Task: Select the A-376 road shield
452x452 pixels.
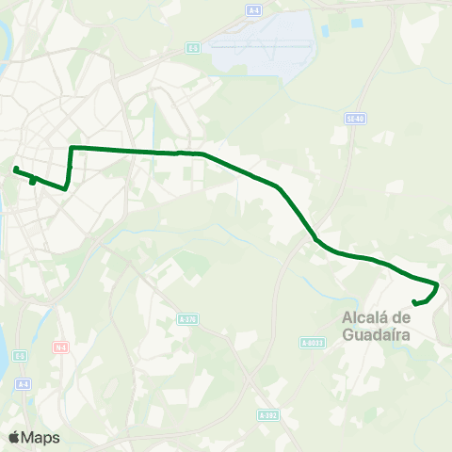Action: click(186, 319)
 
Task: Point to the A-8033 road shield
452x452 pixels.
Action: click(313, 343)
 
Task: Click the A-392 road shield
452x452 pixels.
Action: click(267, 414)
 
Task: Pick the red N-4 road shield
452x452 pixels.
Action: click(61, 347)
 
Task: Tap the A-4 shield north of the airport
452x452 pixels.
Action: click(253, 9)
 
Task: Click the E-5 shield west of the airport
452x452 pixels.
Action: click(193, 47)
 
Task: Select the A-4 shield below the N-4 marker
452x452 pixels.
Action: click(24, 383)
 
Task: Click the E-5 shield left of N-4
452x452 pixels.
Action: click(21, 356)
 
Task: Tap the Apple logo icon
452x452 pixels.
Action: click(15, 437)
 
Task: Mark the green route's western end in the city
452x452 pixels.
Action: click(16, 169)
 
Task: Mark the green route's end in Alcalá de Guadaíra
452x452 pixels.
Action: click(415, 302)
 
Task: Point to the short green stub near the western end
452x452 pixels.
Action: click(33, 180)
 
